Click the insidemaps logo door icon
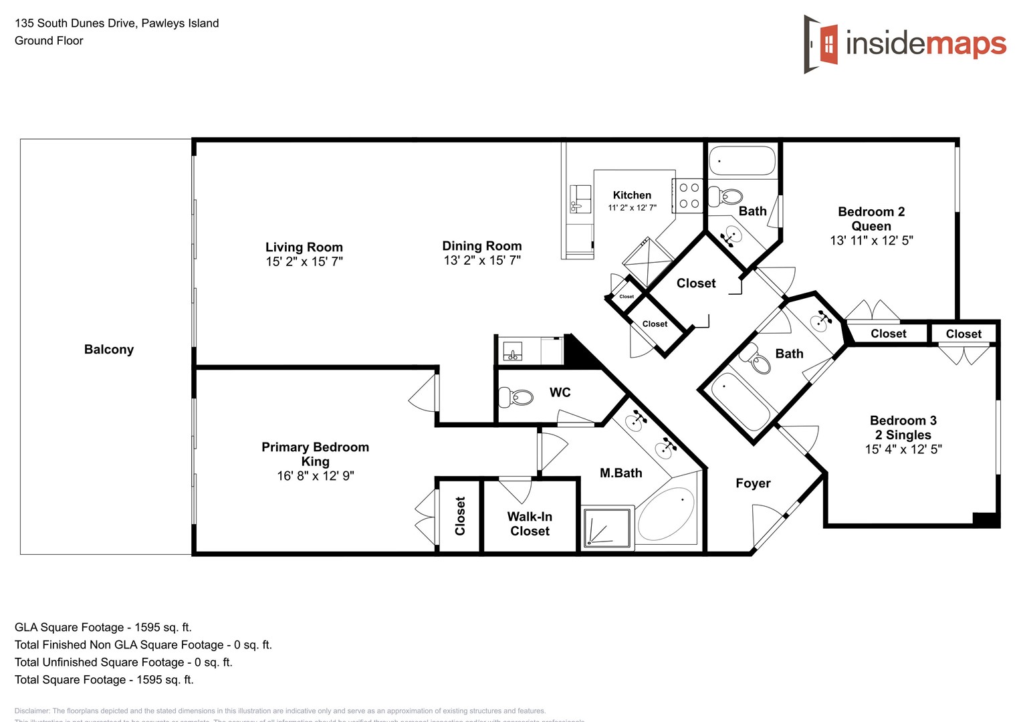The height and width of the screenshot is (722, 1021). click(x=822, y=44)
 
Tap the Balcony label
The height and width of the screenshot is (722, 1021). click(x=109, y=350)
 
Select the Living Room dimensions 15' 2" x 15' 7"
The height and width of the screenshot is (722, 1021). click(x=304, y=262)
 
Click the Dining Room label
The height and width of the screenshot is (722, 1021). click(x=481, y=246)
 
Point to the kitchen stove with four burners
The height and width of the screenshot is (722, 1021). click(x=689, y=196)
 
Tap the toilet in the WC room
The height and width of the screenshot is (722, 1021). click(x=517, y=398)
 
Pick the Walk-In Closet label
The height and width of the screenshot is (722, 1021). click(x=530, y=524)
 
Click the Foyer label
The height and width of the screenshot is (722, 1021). click(x=753, y=483)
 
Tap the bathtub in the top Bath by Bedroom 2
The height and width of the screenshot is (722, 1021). click(x=742, y=161)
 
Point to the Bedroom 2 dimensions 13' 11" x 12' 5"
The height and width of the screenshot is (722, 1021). click(x=871, y=241)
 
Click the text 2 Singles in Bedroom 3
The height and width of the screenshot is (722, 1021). click(x=903, y=435)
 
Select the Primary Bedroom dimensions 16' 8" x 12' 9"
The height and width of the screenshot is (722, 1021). click(x=316, y=476)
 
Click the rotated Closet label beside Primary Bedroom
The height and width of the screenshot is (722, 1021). click(x=460, y=516)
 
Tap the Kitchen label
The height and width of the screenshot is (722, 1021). click(x=632, y=195)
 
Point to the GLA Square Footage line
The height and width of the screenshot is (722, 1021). click(x=103, y=628)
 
